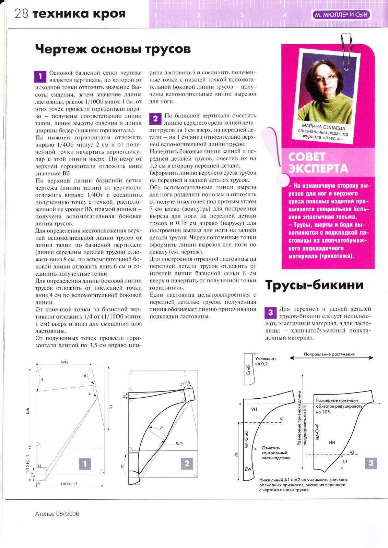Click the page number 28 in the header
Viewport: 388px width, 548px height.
21,14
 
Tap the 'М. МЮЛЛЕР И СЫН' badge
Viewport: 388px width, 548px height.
341,15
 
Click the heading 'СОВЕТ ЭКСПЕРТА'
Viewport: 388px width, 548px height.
318,163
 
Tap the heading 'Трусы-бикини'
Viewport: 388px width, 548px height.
314,285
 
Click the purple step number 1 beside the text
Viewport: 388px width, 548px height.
40,76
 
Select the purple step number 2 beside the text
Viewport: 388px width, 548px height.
155,119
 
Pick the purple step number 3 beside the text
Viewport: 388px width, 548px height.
270,312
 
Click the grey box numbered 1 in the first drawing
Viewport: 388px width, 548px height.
85,464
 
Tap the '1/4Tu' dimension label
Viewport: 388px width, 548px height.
64,362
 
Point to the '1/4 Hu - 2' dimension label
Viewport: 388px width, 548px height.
69,484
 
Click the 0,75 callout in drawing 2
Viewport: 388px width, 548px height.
179,443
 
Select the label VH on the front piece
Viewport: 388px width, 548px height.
254,409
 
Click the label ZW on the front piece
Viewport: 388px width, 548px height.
248,469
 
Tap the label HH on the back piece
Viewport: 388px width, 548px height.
332,443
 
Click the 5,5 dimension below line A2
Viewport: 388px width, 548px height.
344,462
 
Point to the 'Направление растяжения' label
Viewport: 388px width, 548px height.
329,354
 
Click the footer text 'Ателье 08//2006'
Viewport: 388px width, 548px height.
57,514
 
